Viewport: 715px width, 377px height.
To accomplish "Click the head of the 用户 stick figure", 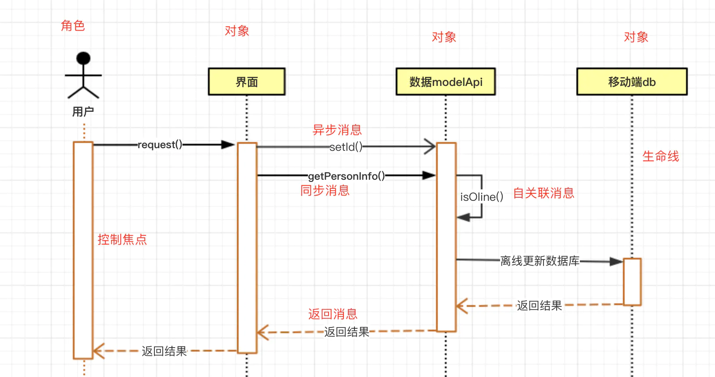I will pos(83,58).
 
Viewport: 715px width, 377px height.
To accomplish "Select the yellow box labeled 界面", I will pos(247,82).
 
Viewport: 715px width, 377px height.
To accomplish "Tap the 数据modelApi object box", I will pos(446,82).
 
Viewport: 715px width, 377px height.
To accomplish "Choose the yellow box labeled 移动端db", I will pos(632,82).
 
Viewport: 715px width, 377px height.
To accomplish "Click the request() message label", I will pos(160,145).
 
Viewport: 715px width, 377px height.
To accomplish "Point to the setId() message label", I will pos(346,147).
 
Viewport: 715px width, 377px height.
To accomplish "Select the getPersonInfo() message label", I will pos(346,176).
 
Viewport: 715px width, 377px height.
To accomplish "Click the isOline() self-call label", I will pos(481,197).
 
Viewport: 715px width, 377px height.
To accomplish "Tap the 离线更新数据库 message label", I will pos(540,261).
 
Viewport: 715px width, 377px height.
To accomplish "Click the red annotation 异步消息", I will pos(337,130).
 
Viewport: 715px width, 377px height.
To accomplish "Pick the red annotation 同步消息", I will pos(325,190).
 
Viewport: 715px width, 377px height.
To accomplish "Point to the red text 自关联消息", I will pos(543,193).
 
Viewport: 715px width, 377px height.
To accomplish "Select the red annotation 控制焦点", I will pos(122,239).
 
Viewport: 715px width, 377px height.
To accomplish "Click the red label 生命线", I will pos(661,156).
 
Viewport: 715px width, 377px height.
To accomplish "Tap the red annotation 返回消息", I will pos(332,314).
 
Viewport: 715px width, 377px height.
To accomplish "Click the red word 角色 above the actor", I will pos(73,26).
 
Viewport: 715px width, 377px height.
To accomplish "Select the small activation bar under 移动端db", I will pos(632,281).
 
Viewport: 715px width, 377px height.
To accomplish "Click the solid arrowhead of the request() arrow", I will pos(228,145).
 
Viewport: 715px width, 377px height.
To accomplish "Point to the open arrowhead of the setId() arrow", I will pos(430,147).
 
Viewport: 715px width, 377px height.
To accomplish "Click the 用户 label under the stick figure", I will pos(83,112).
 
